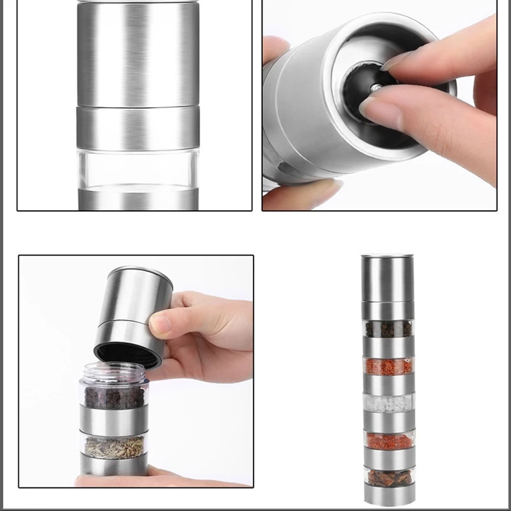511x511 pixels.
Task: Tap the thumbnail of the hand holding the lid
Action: click(x=135, y=370)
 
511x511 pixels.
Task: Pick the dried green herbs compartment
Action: click(x=114, y=445)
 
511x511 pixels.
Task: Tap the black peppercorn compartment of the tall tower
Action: click(x=388, y=330)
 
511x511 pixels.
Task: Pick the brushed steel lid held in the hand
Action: click(x=137, y=300)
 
